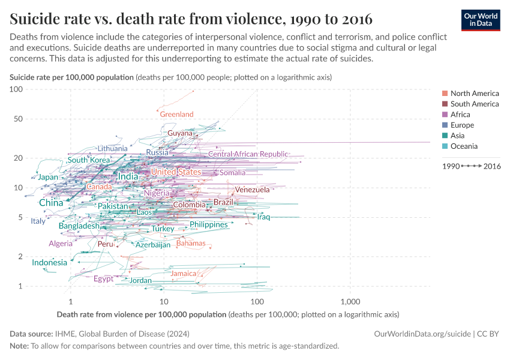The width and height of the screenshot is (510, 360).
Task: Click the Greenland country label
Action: click(176, 114)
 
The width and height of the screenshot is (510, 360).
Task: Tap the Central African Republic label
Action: click(248, 154)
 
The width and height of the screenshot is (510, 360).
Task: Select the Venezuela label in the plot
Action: click(252, 190)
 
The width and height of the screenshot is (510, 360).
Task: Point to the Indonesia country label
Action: click(50, 263)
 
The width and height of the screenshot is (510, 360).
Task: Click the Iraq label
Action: click(264, 217)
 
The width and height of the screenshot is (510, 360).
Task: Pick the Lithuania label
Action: click(113, 148)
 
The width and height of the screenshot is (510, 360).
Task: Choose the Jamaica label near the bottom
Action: click(184, 274)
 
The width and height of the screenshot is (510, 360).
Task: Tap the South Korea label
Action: click(89, 160)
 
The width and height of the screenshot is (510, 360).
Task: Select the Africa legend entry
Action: click(460, 115)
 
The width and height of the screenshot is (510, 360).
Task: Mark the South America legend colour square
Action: click(445, 104)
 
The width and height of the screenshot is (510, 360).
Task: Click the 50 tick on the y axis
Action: click(16, 119)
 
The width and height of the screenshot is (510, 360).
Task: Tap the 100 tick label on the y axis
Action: click(16, 89)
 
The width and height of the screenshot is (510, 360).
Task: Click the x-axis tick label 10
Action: click(164, 301)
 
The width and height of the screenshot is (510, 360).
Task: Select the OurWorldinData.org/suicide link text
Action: click(422, 334)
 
